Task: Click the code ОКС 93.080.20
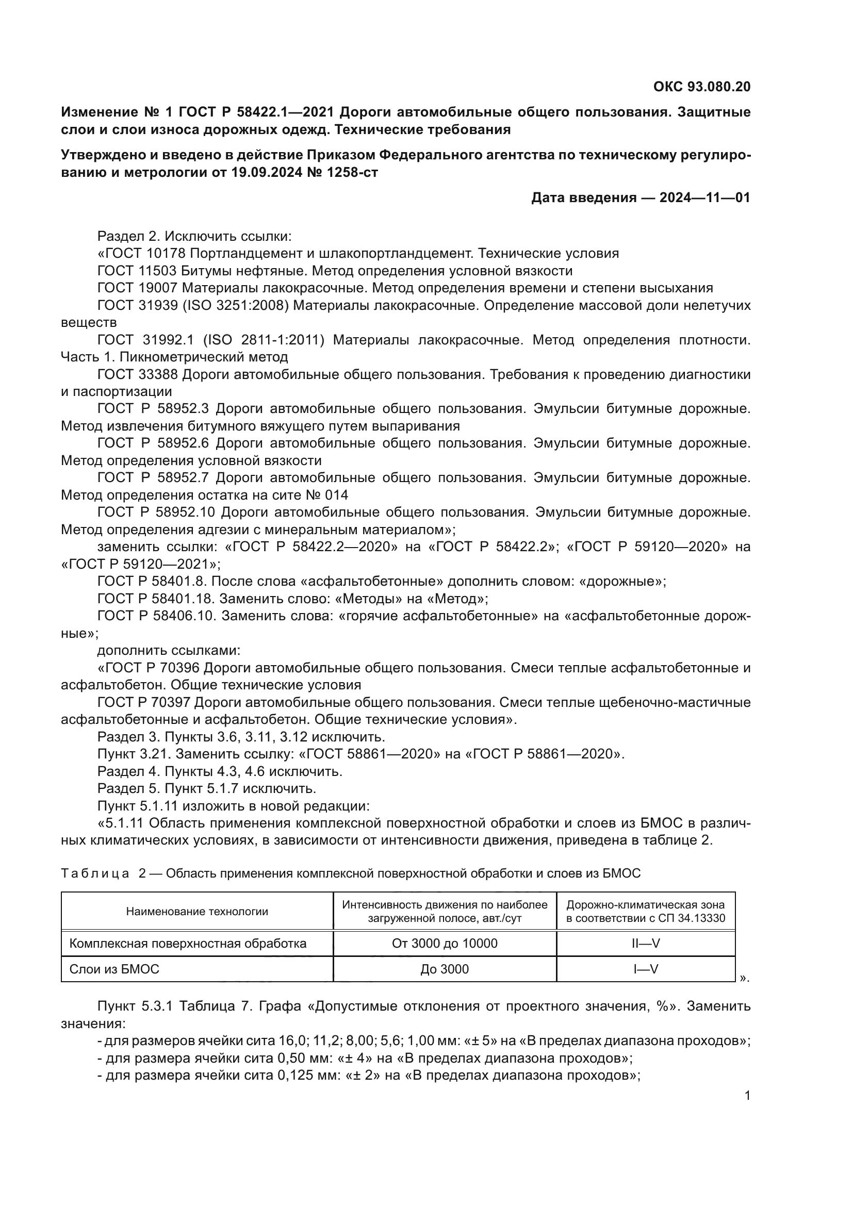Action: [x=702, y=87]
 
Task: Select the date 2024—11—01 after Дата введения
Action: [x=705, y=197]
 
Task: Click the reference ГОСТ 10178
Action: [x=145, y=254]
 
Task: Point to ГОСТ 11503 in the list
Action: [x=139, y=271]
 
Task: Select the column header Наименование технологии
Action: [x=197, y=911]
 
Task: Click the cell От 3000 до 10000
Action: [x=445, y=944]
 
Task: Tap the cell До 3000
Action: [x=445, y=969]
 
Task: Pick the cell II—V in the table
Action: [x=646, y=944]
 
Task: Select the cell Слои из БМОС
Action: [x=114, y=969]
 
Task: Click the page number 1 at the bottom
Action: [x=747, y=1096]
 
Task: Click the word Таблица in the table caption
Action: [x=95, y=873]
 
